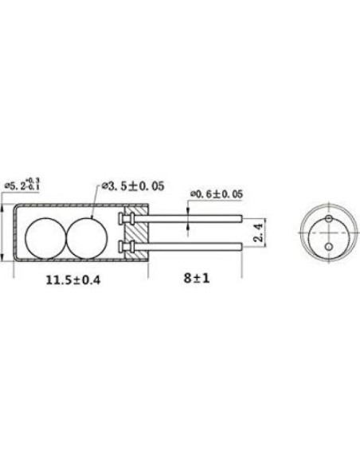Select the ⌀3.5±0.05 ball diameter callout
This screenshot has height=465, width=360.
(131, 186)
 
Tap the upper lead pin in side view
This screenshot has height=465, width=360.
(191, 217)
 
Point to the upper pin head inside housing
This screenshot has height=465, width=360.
(123, 217)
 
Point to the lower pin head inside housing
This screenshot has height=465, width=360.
(123, 248)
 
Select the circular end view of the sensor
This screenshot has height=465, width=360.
(326, 232)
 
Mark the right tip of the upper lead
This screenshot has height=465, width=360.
(241, 217)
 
